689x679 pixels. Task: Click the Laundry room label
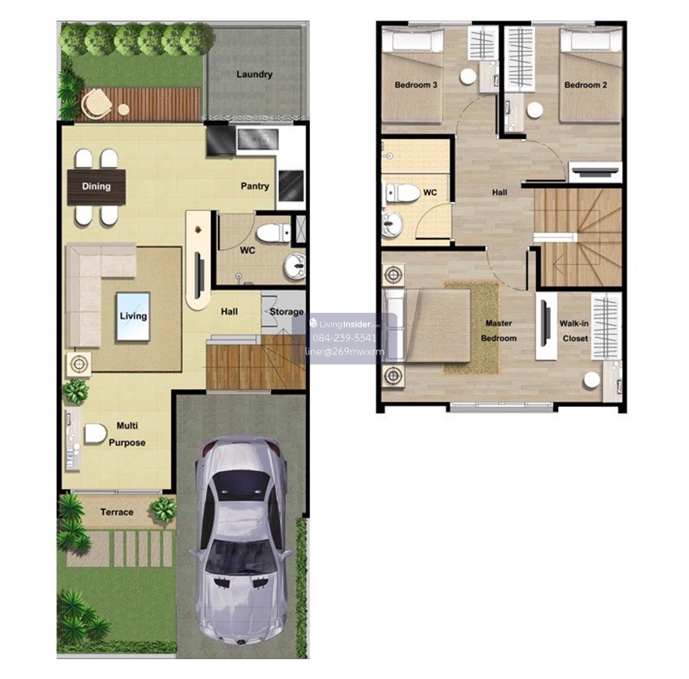(254, 75)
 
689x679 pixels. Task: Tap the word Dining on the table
(96, 187)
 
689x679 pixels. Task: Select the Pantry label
(254, 187)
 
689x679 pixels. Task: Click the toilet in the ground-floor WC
(274, 233)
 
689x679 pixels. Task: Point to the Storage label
(287, 312)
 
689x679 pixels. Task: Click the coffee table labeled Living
(133, 317)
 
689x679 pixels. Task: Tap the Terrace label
(117, 512)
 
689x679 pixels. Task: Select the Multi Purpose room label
(127, 434)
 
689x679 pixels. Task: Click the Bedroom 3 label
(416, 85)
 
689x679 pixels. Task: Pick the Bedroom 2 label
(585, 85)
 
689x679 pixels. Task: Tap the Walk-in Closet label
(574, 331)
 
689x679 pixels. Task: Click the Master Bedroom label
(498, 331)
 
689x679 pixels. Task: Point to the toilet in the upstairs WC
(402, 193)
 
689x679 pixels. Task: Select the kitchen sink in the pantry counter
(258, 139)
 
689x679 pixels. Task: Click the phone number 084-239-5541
(344, 338)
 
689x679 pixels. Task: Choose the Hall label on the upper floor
(499, 192)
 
